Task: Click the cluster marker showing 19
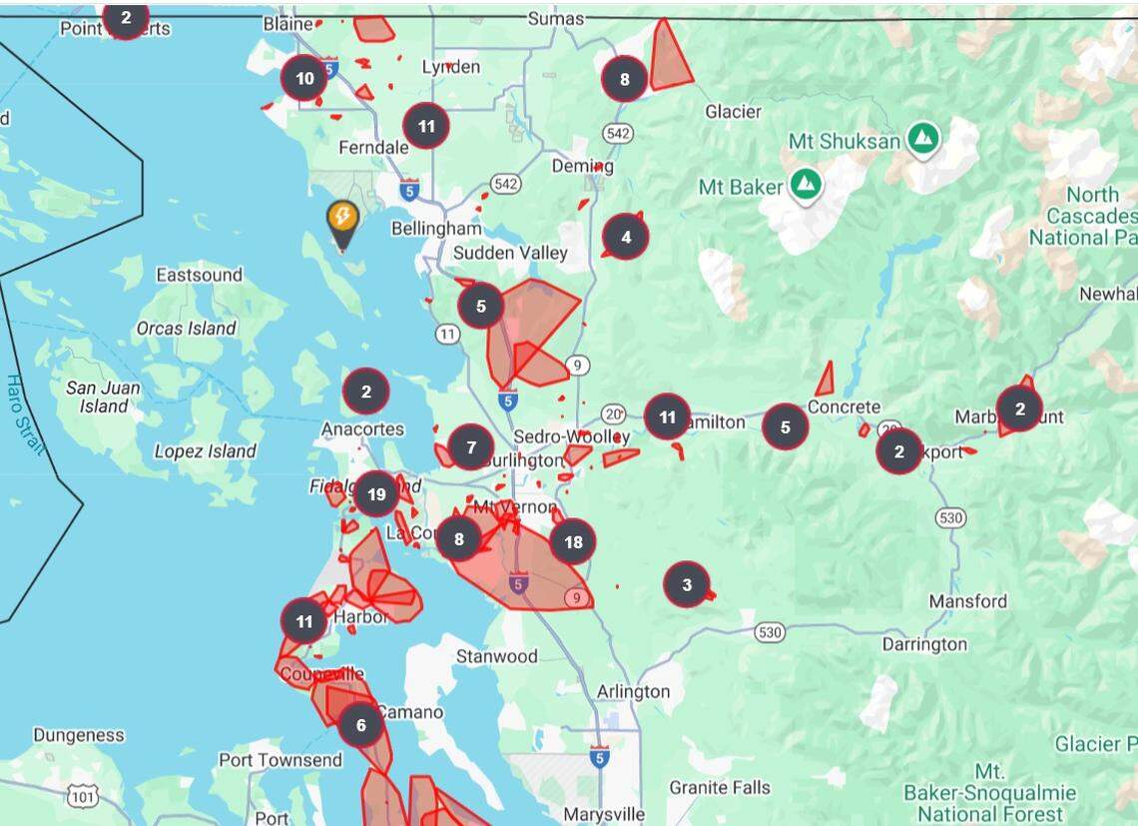click(x=376, y=493)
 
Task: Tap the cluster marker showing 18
click(x=573, y=541)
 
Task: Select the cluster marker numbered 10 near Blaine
click(x=304, y=78)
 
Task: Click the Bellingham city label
click(x=436, y=229)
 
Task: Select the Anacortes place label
click(x=362, y=429)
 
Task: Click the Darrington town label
click(x=924, y=644)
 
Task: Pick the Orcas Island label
click(x=187, y=328)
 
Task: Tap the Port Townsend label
click(x=281, y=760)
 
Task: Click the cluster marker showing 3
click(x=687, y=584)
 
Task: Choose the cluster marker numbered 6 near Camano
click(x=360, y=725)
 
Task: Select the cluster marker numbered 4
click(x=626, y=237)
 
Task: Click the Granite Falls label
click(x=720, y=788)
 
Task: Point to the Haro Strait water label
click(x=24, y=413)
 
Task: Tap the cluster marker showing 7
click(x=471, y=446)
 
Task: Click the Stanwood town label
click(x=497, y=656)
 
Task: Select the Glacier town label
click(x=734, y=112)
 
